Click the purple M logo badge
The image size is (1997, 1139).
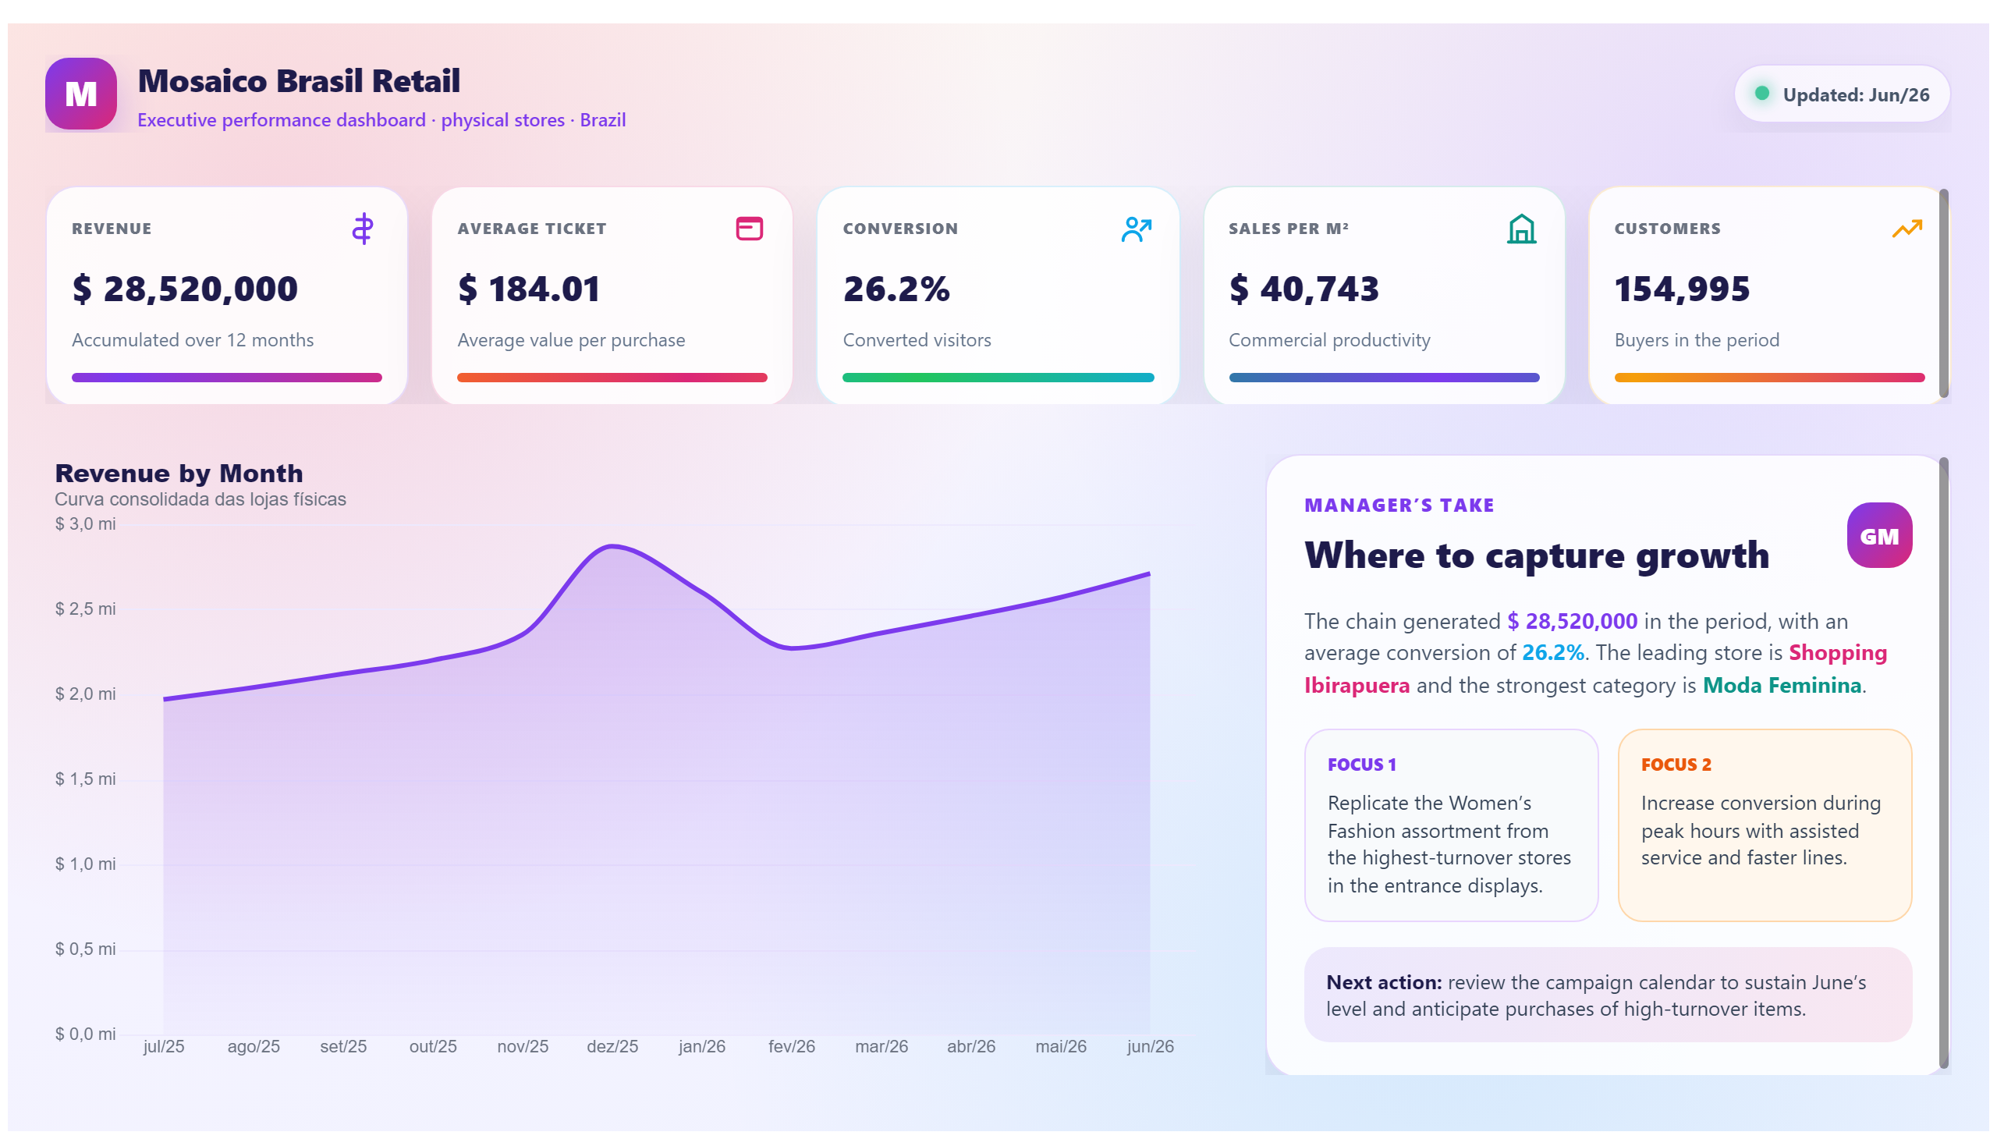(81, 94)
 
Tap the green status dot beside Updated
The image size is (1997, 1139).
(1761, 93)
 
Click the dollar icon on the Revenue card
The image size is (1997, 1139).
(362, 229)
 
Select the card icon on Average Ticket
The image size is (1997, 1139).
(749, 229)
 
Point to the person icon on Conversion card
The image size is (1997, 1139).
(1136, 229)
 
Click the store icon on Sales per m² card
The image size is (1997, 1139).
(1520, 229)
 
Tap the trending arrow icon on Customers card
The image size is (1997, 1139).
(1907, 229)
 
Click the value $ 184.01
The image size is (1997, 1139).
(529, 289)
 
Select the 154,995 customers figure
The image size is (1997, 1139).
(1682, 289)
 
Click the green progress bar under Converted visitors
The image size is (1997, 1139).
(997, 378)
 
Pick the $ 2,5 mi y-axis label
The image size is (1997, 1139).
(85, 609)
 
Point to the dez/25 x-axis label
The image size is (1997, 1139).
(612, 1046)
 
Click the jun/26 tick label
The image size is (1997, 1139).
(1149, 1046)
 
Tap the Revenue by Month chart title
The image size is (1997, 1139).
(179, 474)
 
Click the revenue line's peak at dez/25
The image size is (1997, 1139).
(612, 546)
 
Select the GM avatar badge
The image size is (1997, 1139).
(1878, 535)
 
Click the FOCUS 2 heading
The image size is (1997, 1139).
(1676, 765)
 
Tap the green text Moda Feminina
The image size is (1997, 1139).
(1781, 685)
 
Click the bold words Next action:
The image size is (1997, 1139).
(1383, 981)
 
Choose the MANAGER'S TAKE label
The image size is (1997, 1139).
(1399, 506)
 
